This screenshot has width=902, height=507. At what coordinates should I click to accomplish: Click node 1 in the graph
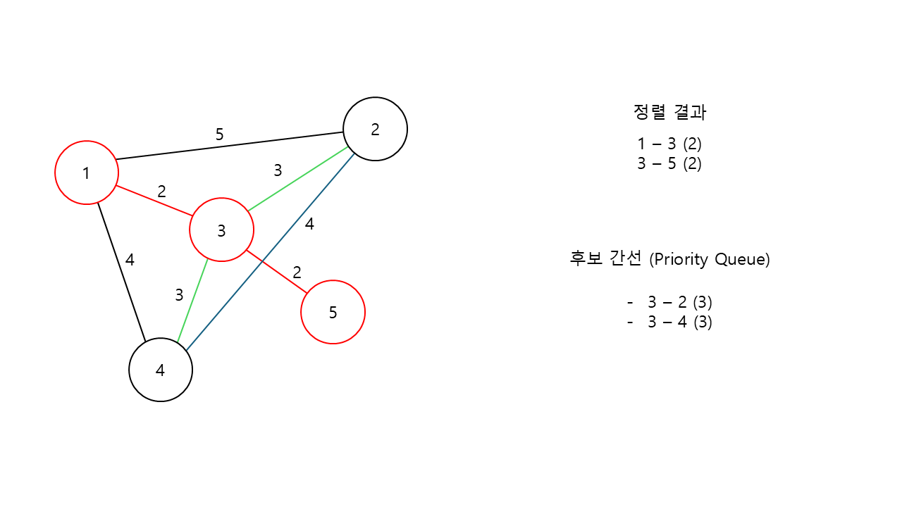(86, 173)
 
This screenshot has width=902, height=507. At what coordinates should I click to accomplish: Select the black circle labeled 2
(375, 129)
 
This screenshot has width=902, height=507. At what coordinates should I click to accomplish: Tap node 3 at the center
(221, 230)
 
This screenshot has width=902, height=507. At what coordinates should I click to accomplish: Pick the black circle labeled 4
(161, 370)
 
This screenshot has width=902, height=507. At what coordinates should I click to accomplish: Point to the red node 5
(333, 312)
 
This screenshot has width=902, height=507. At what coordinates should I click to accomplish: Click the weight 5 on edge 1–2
(219, 134)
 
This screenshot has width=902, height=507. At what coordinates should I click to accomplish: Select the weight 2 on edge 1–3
(162, 191)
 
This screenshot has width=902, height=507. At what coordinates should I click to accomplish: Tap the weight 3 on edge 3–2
(278, 170)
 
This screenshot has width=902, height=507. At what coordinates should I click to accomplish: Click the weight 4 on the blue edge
(309, 225)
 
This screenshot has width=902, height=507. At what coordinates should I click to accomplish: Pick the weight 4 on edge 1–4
(130, 260)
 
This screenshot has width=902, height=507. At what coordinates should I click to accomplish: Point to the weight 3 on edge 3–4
(179, 296)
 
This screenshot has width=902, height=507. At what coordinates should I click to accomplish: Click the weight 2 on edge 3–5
(297, 273)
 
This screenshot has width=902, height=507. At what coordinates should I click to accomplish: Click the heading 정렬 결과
(669, 112)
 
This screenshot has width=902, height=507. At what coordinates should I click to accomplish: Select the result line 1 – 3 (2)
(669, 144)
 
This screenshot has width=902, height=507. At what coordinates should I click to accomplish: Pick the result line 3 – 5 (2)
(669, 164)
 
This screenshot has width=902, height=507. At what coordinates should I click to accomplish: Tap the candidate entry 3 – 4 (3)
(679, 323)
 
